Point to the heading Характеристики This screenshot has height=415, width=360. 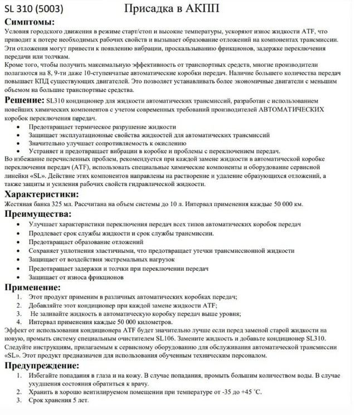(x=41, y=194)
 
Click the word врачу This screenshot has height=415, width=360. (x=139, y=383)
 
